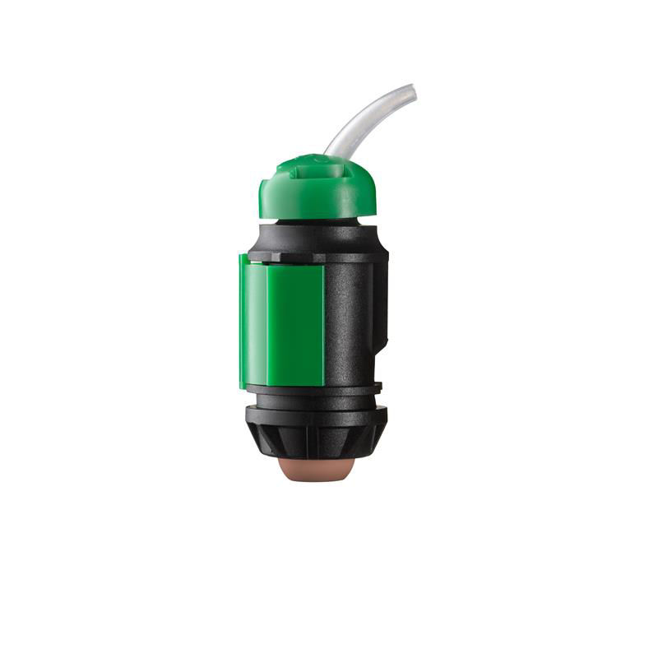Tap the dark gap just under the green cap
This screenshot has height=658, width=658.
click(x=317, y=222)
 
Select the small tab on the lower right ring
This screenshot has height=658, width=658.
click(x=378, y=385)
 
